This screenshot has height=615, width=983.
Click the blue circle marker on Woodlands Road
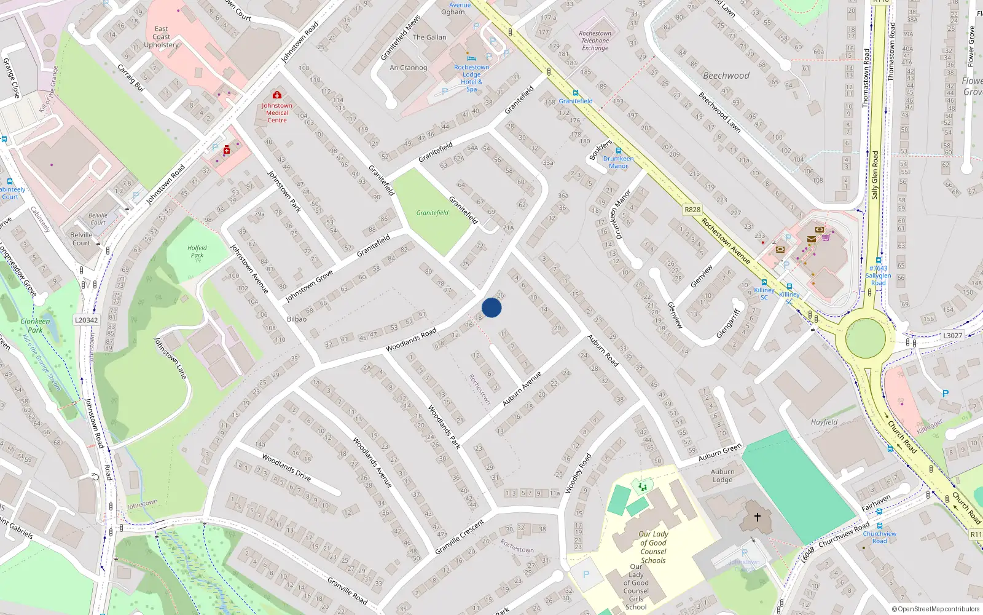tap(491, 307)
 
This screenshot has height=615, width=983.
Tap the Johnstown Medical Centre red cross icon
tap(277, 95)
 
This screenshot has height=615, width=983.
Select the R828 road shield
tap(692, 210)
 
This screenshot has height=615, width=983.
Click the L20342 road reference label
tap(86, 320)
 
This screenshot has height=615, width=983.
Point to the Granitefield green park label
tap(433, 213)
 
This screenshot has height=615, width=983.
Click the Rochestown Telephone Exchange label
tap(595, 41)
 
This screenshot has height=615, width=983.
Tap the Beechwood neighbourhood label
tap(726, 76)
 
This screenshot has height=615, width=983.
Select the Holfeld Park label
tap(197, 251)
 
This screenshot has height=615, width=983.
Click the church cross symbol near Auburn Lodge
tap(758, 517)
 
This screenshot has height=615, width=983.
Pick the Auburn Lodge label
tap(723, 475)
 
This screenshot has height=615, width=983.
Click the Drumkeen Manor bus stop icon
tap(618, 151)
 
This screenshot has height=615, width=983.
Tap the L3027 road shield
tap(952, 335)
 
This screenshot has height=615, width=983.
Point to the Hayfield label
tap(824, 422)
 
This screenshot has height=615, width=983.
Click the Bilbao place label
tap(297, 319)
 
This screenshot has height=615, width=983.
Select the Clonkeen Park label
tap(35, 325)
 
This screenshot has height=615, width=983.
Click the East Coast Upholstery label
tap(162, 37)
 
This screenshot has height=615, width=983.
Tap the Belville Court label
tap(81, 239)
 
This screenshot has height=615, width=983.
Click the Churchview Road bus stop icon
tap(880, 526)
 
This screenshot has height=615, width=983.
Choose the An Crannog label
tap(408, 68)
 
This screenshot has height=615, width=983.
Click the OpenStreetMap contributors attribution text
tap(936, 609)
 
